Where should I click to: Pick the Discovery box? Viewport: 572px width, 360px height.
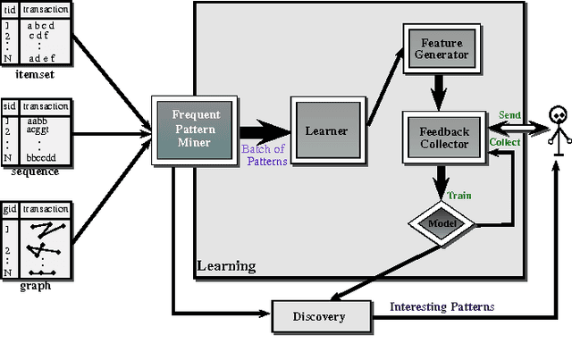tap(320, 315)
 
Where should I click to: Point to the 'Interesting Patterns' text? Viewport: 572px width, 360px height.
tap(442, 306)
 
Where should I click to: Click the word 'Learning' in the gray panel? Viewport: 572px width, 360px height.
tap(227, 265)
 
